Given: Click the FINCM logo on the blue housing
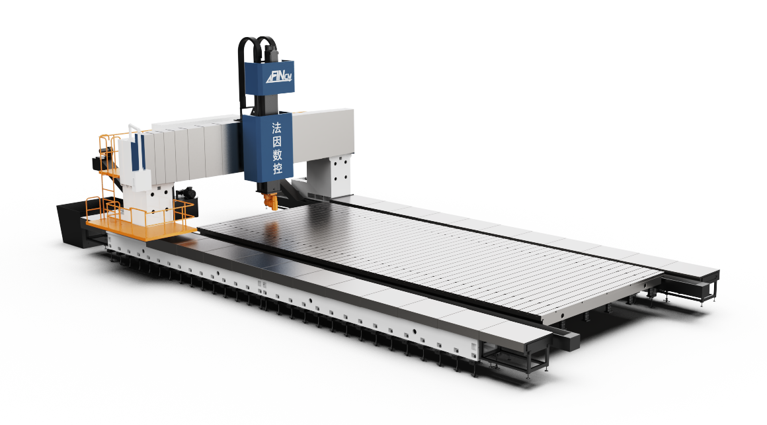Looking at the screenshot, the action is pos(279,77).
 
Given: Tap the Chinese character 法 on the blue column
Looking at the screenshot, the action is pos(277,128).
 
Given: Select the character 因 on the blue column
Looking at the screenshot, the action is pos(277,142).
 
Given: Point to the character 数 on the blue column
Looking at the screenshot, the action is pos(277,155).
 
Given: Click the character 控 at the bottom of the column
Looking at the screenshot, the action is pos(277,168).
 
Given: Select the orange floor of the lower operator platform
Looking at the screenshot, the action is pos(142,228).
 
